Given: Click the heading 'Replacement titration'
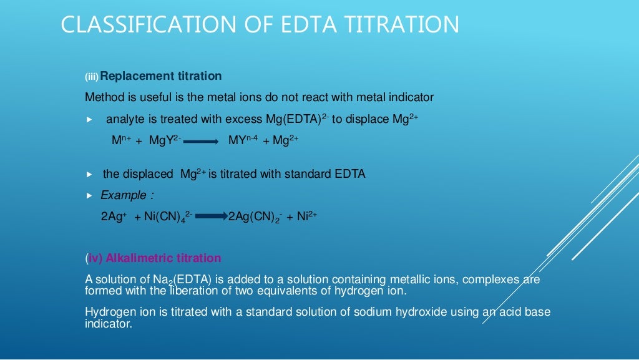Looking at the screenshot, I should [x=160, y=76].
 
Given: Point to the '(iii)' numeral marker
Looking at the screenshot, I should [x=92, y=77].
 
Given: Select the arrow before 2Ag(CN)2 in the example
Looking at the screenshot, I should [x=212, y=217].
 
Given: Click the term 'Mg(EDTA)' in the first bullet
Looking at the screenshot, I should [x=293, y=119].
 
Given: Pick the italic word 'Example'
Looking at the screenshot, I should [x=124, y=195].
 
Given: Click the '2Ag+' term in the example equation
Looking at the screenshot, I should [x=114, y=217].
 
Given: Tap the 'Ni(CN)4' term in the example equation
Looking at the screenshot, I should [x=167, y=217].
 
